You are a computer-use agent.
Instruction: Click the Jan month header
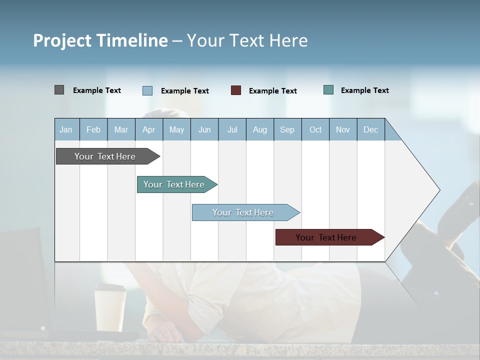pos(66,130)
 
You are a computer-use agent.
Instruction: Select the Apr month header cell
pos(149,130)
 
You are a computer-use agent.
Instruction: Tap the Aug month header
pos(260,130)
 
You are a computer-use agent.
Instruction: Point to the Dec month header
pos(371,130)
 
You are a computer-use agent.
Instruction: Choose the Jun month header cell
pos(204,130)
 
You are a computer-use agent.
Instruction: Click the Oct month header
pos(315,130)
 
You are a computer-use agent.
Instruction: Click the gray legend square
pos(59,90)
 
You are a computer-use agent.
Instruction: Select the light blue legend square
pos(147,90)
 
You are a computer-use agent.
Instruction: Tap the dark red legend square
pos(236,90)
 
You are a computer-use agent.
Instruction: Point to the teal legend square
pos(328,90)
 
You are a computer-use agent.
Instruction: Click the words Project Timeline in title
pos(100,40)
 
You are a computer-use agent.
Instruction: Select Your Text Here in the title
pos(247,40)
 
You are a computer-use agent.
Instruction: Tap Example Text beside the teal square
pos(364,90)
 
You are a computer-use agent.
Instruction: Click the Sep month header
pos(287,130)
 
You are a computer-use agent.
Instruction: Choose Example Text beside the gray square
pos(97,90)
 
